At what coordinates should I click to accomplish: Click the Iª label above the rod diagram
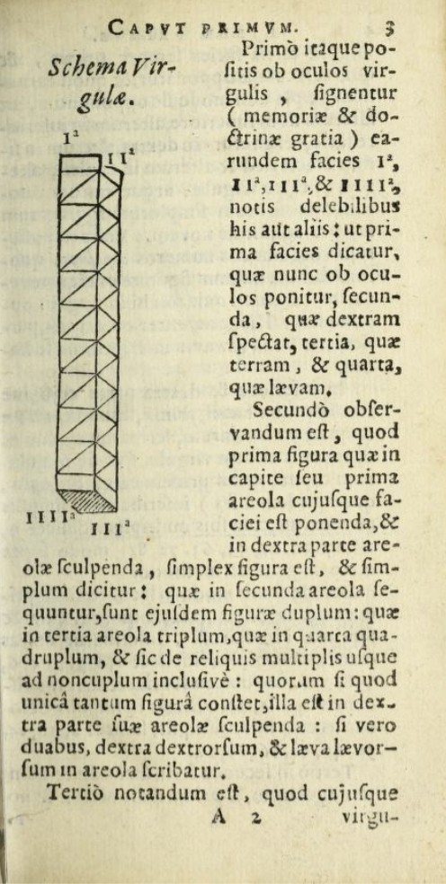coord(67,139)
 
